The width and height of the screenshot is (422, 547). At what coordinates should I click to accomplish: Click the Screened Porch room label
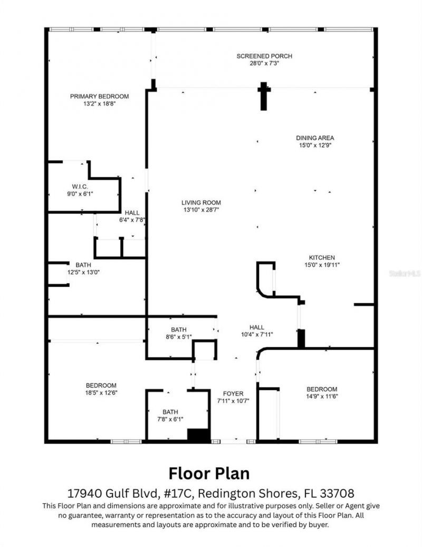tap(264, 56)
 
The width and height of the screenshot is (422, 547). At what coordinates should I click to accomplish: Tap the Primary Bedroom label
tap(99, 96)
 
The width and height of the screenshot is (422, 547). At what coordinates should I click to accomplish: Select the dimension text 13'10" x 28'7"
tap(201, 210)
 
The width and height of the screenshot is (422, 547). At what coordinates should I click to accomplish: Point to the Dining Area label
tap(314, 138)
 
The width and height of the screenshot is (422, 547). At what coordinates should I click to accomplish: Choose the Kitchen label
tap(322, 257)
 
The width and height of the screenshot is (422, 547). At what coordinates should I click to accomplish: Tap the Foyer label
tap(233, 393)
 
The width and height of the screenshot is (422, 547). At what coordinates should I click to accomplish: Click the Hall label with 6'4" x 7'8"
tap(132, 213)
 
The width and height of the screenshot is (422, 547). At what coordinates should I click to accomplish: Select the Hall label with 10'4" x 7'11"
tap(257, 327)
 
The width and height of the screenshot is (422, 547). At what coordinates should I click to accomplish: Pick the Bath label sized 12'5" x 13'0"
tap(83, 265)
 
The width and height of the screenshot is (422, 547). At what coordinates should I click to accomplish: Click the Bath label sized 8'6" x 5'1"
tap(178, 329)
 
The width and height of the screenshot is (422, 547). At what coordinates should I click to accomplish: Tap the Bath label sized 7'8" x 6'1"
tap(170, 412)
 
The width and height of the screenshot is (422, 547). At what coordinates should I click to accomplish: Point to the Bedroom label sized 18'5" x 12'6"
tap(102, 385)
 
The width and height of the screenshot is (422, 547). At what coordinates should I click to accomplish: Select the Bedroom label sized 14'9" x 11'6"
tap(322, 389)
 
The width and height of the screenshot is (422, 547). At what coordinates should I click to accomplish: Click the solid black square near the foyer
tap(199, 435)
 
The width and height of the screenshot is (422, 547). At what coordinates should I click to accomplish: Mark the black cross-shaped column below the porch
tap(264, 95)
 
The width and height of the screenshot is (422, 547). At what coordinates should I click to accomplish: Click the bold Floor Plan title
tap(209, 473)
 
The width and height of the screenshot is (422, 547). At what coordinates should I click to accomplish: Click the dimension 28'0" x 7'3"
tap(264, 63)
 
